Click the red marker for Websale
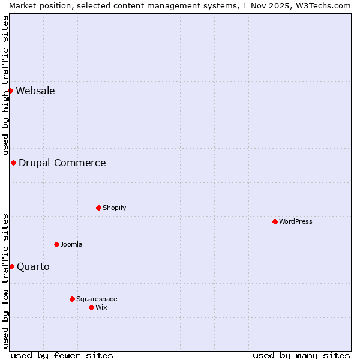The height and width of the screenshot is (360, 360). tap(10, 91)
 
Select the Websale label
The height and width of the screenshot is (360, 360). tap(35, 91)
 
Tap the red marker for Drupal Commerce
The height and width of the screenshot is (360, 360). tap(13, 163)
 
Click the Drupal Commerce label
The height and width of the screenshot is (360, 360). tap(62, 163)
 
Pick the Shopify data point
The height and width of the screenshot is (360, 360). tap(98, 208)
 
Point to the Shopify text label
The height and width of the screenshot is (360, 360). tap(115, 208)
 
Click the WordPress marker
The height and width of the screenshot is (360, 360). tap(275, 222)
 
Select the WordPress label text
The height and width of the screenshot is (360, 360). tap(296, 222)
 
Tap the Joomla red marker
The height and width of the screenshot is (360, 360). tap(56, 245)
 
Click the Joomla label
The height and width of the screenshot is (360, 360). tap(71, 245)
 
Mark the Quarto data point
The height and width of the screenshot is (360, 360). tap(11, 267)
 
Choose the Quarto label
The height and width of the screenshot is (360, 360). tap(33, 267)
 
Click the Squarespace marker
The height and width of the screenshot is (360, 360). tap(72, 299)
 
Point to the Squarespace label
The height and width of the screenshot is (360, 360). tap(97, 299)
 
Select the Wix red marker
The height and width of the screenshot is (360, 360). tap(91, 308)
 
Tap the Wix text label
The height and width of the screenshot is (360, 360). tap(101, 308)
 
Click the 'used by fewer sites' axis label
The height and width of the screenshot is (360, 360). tap(62, 356)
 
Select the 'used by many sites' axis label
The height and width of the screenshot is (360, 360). tap(301, 356)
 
